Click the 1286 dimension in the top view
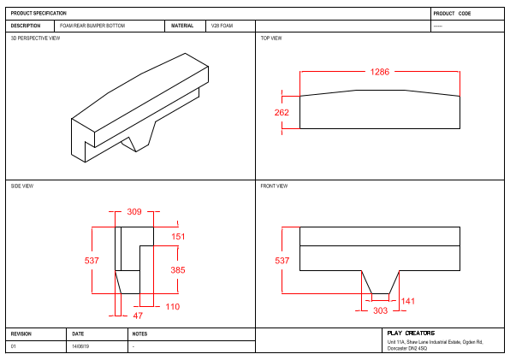(380, 72)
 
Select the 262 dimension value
(282, 113)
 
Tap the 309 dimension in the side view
(134, 211)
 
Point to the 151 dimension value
(178, 236)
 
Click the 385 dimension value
(178, 270)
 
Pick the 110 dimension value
(172, 306)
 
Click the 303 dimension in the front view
(380, 311)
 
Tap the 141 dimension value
(408, 301)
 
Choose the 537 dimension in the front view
(282, 261)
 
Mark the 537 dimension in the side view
(92, 261)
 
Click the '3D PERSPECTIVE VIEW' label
(35, 38)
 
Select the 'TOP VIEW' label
(271, 38)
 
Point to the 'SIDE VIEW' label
(22, 186)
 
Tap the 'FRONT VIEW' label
(274, 186)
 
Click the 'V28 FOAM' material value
(222, 26)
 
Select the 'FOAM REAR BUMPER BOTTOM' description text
(92, 26)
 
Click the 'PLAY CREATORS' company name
(411, 333)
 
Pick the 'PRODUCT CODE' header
(452, 14)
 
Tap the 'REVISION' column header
(21, 333)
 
